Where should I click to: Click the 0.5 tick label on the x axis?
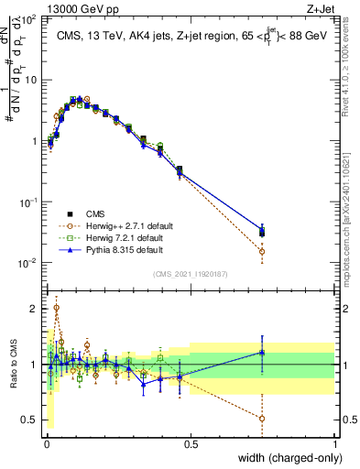click(190, 444)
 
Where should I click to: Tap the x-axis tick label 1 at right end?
click(334, 444)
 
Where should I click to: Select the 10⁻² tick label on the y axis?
click(27, 264)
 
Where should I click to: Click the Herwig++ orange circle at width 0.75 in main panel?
click(262, 251)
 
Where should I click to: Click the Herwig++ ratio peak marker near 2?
click(56, 309)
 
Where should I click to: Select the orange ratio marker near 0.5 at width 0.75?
click(262, 419)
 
